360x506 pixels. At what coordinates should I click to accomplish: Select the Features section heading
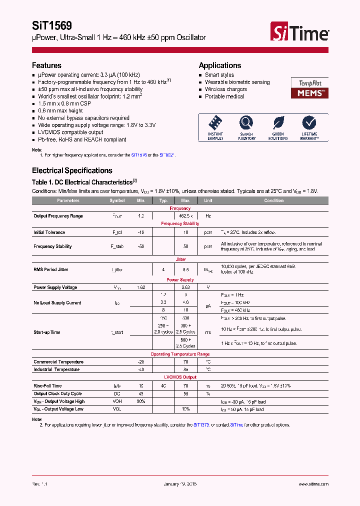46,65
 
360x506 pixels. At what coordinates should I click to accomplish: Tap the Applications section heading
219,65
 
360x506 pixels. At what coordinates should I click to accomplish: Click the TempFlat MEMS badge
309,88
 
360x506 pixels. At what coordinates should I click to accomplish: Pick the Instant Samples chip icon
215,123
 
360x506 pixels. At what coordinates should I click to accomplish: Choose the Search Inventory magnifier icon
246,123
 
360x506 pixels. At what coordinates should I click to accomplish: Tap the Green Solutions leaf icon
278,123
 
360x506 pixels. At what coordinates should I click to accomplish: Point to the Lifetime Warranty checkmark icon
309,123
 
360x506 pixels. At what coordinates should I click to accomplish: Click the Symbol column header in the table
117,200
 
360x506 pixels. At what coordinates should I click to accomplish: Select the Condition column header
273,200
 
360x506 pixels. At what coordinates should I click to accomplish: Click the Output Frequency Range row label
58,216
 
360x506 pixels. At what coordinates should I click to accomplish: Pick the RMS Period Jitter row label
50,269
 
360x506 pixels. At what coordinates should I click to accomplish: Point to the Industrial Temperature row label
56,369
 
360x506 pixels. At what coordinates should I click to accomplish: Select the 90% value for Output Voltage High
141,401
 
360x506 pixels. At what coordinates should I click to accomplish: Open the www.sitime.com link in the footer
313,484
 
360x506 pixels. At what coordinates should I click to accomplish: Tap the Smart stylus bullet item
219,75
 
